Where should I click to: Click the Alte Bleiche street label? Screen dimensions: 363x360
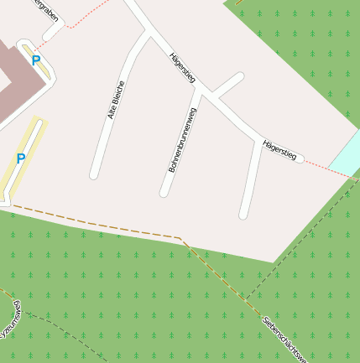tap(116, 100)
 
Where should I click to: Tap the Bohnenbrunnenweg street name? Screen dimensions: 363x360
tap(182, 140)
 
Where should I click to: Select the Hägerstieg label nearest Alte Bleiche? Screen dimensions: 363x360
tap(182, 66)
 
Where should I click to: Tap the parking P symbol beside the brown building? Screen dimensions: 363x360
tap(36, 60)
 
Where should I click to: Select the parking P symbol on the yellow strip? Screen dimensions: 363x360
tap(21, 158)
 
